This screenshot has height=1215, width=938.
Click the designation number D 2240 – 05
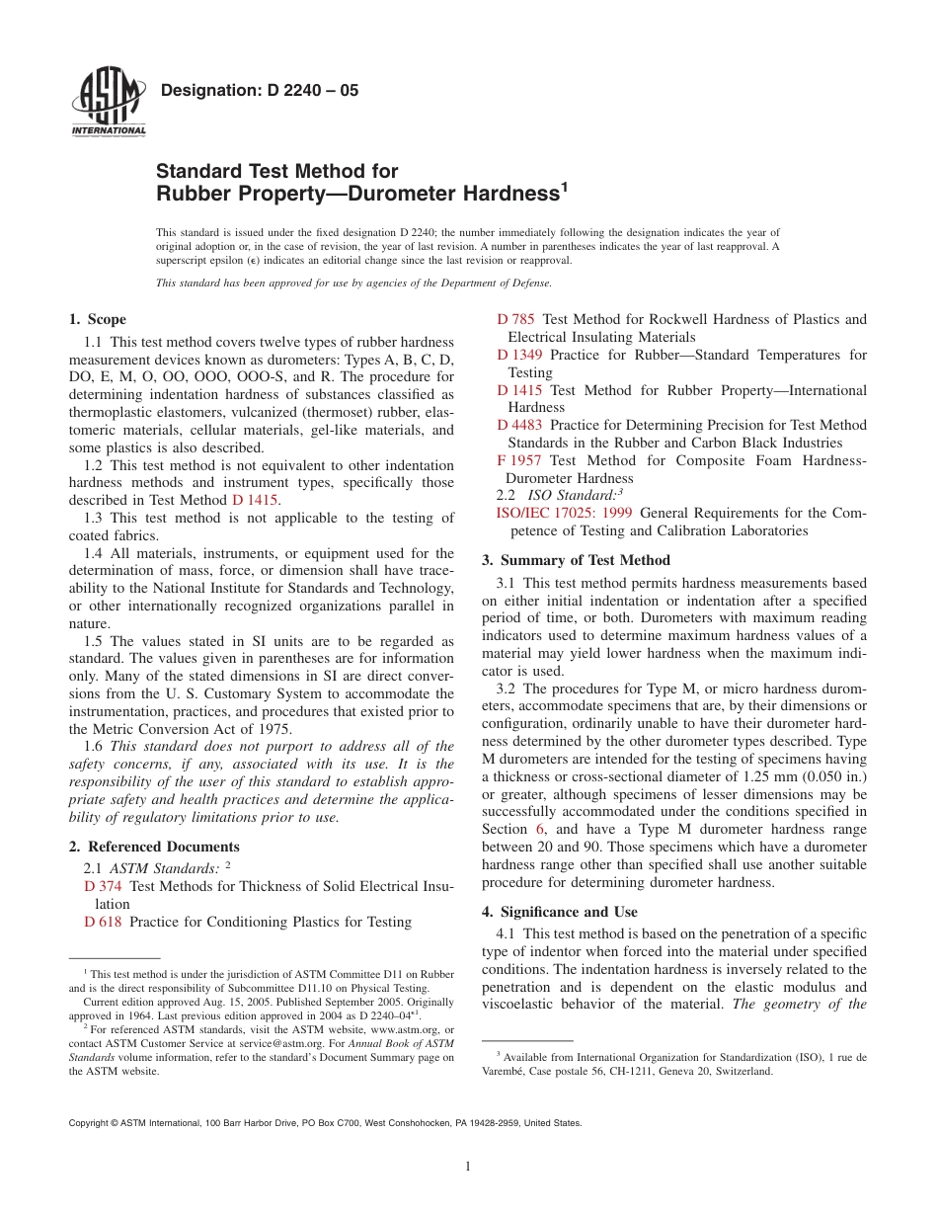[x=259, y=91]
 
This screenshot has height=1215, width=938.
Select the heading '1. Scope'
[x=97, y=319]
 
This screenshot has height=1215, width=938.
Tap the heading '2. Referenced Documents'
[x=154, y=847]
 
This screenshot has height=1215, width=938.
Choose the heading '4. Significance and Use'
[x=559, y=912]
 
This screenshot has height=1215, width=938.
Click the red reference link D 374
[x=103, y=886]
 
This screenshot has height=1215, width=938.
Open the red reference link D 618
[x=103, y=922]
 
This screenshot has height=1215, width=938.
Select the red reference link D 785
[x=515, y=319]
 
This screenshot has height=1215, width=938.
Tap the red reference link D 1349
[x=519, y=355]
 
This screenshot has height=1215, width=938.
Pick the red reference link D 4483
[x=519, y=425]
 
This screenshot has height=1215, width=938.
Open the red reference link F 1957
[x=518, y=460]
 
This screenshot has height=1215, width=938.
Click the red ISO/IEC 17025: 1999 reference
[x=564, y=513]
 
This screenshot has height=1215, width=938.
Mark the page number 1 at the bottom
[x=468, y=1167]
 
